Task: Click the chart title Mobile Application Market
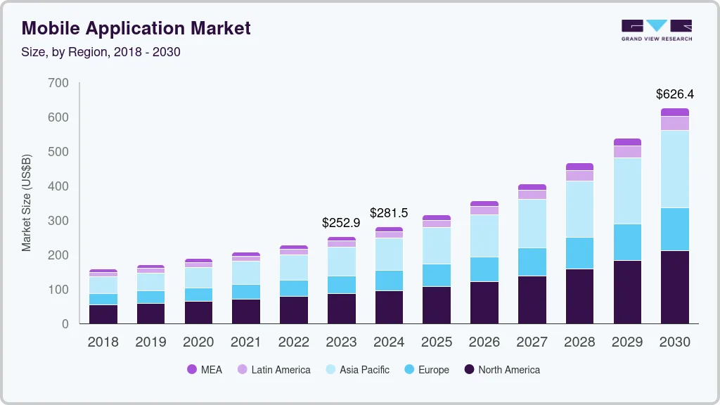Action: tap(136, 29)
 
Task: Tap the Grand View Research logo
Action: tap(656, 30)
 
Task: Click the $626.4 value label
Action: tap(674, 94)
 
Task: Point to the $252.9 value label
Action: tap(341, 222)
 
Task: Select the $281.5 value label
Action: tap(389, 212)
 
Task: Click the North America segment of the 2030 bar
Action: tap(674, 287)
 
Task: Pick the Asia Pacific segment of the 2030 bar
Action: tap(674, 169)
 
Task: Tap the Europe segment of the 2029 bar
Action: tap(627, 243)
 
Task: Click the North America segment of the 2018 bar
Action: tap(103, 314)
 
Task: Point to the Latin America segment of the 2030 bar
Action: tap(674, 123)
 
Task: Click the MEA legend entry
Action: tap(205, 370)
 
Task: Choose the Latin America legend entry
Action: tap(274, 370)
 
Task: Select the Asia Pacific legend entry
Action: tap(356, 370)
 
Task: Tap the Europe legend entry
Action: tap(426, 370)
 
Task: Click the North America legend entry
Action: tap(502, 370)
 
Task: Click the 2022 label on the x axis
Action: tap(293, 342)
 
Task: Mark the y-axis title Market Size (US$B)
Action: tap(27, 202)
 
